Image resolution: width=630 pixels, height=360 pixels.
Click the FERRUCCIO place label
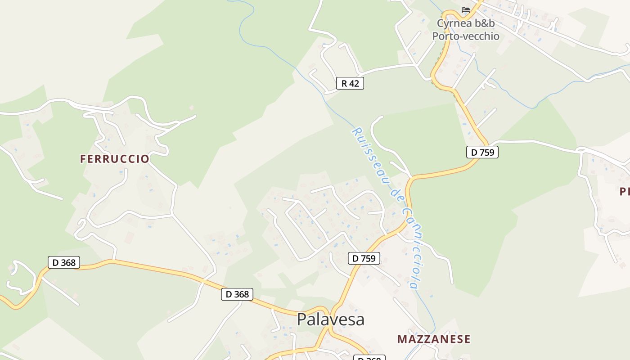point(114,159)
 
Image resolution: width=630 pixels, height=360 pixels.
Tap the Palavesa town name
point(330,319)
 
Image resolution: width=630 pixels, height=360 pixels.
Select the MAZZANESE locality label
point(434,339)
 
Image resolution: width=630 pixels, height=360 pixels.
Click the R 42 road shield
point(350,83)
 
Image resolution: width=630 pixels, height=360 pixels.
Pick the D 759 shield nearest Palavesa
point(364,258)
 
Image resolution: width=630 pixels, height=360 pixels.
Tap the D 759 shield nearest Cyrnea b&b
point(482,152)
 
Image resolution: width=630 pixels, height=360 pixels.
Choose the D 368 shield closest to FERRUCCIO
point(64,262)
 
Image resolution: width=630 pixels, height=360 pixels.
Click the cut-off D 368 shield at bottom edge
point(369,358)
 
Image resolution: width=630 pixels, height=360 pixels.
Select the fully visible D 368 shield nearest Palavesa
point(237,294)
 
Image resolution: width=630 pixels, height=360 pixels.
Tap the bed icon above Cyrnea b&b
point(466,9)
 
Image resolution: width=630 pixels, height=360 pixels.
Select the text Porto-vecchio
point(466,36)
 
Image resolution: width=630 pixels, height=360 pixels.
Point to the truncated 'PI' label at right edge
point(625,192)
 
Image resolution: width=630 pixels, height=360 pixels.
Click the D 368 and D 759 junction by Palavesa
point(330,310)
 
